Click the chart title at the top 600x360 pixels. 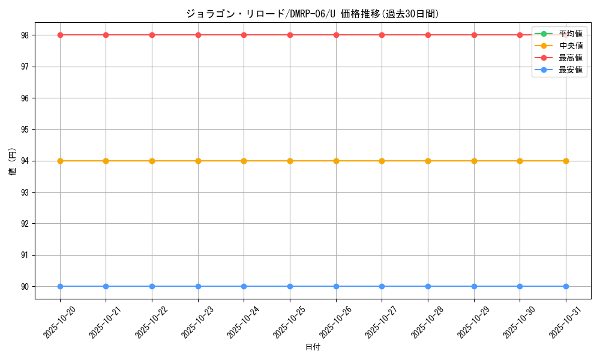313,14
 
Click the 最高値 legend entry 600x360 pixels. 571,58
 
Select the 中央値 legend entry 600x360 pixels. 571,46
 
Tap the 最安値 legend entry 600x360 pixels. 571,70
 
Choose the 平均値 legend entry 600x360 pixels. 571,34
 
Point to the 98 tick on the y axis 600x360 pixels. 25,35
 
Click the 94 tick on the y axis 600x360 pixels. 25,161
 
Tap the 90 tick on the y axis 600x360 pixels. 25,286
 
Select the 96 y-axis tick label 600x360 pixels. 25,98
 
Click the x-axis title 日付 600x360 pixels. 313,347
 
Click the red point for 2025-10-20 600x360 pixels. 60,35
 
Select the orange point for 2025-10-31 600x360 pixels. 566,161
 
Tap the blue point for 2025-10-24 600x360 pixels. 244,286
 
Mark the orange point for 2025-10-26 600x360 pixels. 336,161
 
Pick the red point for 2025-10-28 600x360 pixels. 428,35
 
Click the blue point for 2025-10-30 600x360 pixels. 520,286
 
